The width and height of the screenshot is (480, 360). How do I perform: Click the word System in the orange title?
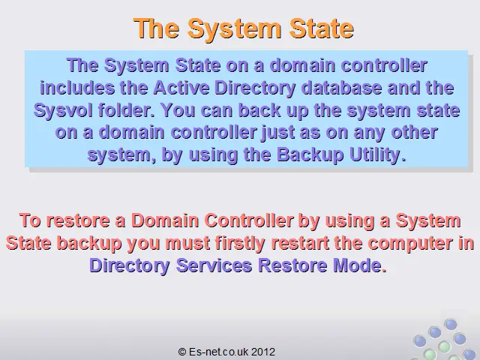(234, 28)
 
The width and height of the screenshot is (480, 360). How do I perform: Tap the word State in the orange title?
(322, 28)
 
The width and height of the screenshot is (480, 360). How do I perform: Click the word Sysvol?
(63, 110)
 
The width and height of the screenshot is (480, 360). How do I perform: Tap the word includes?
(76, 88)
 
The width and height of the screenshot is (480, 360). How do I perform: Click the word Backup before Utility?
(310, 155)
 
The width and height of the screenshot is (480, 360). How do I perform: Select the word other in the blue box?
(414, 132)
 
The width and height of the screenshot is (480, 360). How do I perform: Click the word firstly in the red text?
(240, 244)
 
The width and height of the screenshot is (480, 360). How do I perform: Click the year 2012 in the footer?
(263, 352)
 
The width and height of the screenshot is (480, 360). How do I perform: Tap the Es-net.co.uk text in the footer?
(218, 352)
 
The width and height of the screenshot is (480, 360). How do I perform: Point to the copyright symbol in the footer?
(182, 352)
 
